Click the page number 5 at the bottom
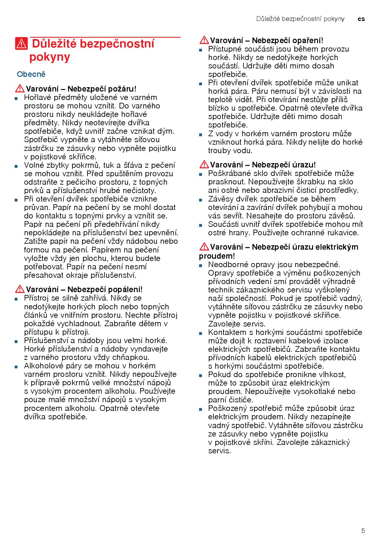coord(363,531)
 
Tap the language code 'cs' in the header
coord(361,19)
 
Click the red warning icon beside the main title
coord(21,44)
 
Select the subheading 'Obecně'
coord(31,74)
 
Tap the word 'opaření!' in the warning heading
coord(308,41)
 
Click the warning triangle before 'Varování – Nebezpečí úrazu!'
coord(204,164)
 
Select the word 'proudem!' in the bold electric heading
coord(217,256)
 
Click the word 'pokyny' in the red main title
coord(50,57)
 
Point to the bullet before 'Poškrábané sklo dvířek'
coord(200,174)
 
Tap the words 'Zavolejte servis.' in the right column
coord(237,324)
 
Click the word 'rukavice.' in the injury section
coord(344,233)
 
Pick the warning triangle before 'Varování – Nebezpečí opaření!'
coord(204,40)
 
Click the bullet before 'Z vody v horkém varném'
coord(200,135)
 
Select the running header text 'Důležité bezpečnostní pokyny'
coord(300,19)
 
